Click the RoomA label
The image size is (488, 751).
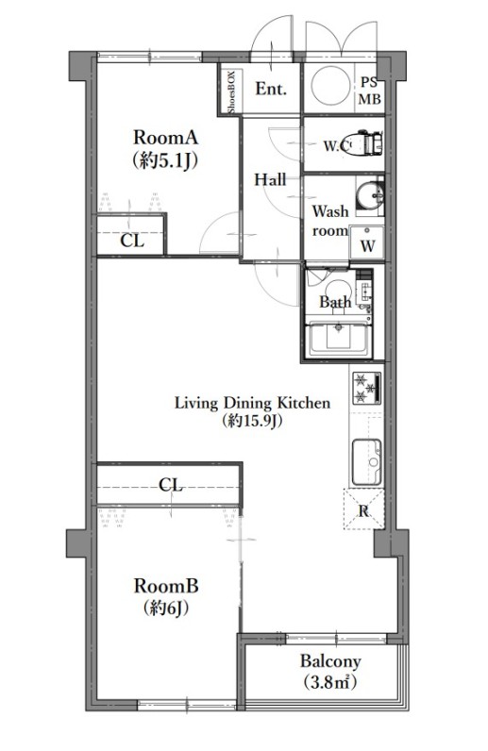click(165, 138)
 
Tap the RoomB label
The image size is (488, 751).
click(165, 586)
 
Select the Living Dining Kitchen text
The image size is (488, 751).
click(252, 403)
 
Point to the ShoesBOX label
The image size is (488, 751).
click(231, 92)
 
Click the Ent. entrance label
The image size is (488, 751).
click(271, 89)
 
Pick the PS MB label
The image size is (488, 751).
click(370, 91)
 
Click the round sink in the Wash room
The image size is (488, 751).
click(369, 195)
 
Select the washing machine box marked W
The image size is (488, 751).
click(367, 242)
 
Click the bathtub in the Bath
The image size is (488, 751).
click(339, 339)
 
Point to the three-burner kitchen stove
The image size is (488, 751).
click(367, 388)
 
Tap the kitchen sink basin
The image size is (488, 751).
click(367, 462)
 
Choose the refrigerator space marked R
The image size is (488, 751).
click(363, 509)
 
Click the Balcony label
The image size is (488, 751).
click(330, 661)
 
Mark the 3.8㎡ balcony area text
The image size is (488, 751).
click(330, 681)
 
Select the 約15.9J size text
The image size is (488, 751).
click(252, 421)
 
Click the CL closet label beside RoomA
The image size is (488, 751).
click(132, 240)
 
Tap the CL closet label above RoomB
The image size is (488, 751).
click(171, 485)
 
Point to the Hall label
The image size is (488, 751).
click(270, 179)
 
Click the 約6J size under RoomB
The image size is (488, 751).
click(165, 609)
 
